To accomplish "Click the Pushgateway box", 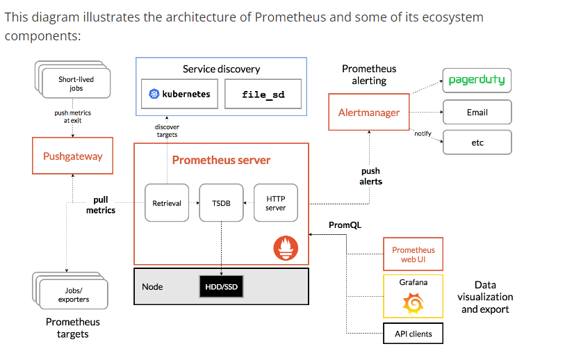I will tap(72, 156).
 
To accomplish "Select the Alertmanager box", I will tap(368, 113).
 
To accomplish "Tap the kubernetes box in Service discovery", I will tap(179, 94).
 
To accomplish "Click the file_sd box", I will tap(263, 94).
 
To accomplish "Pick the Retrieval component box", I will tap(166, 203).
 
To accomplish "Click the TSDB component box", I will tap(221, 203).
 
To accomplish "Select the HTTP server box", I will tap(275, 203).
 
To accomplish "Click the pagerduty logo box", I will tap(477, 80).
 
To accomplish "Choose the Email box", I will tap(477, 112).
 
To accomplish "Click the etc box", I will tap(477, 142).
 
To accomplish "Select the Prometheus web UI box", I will tap(413, 254).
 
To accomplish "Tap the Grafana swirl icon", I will tap(413, 304).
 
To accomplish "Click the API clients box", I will tap(413, 334).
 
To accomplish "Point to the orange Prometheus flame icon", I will tap(286, 248).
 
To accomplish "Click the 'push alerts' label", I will tap(370, 176).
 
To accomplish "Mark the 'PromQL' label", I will tap(345, 225).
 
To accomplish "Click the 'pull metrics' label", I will tap(101, 205).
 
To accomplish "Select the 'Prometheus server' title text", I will tap(221, 160).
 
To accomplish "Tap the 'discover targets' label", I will tap(166, 131).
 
